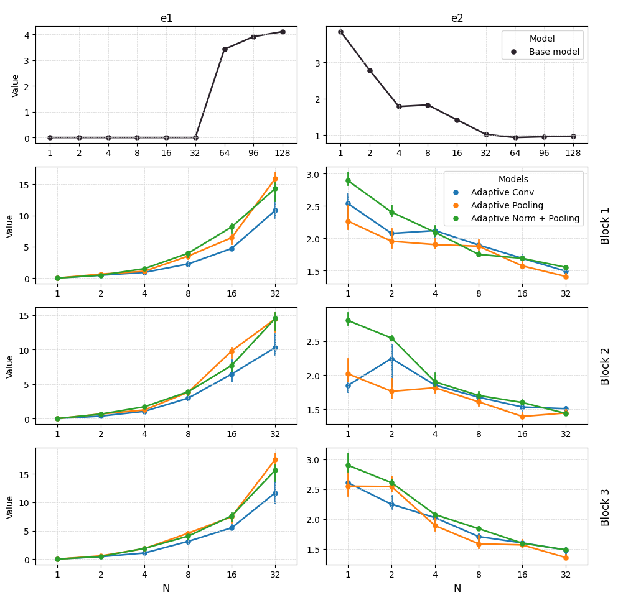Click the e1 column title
pos(166,18)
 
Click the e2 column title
pos(457,18)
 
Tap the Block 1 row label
pos(606,225)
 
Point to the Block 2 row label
pos(606,366)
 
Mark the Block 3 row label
pos(606,507)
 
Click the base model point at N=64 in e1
pos(225,49)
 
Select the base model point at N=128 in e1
pos(283,32)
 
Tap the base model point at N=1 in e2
pos(340,32)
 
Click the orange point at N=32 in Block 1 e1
pos(275,179)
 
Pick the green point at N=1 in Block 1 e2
pos(348,181)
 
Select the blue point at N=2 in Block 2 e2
pos(391,359)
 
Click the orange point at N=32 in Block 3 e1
pos(275,460)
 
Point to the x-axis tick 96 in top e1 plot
pos(253,153)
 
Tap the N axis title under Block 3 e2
pos(457,588)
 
